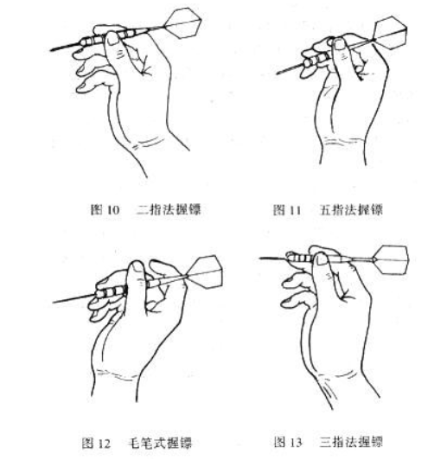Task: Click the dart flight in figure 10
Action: click(x=183, y=23)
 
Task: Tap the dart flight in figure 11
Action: click(x=391, y=31)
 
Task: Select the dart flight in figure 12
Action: click(x=204, y=272)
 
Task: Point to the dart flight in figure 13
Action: click(x=391, y=260)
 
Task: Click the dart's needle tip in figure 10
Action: click(x=50, y=50)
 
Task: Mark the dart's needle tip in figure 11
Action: click(x=277, y=73)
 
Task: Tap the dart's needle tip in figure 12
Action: click(x=53, y=302)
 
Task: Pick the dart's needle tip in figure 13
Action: click(x=260, y=259)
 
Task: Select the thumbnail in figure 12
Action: click(x=137, y=267)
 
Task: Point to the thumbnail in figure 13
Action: click(x=322, y=259)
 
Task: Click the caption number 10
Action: click(x=113, y=210)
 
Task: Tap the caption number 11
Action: click(x=295, y=210)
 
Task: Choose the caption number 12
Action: click(x=104, y=444)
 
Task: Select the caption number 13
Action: click(x=295, y=442)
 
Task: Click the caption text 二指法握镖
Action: click(x=169, y=210)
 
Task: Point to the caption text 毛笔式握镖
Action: click(x=160, y=443)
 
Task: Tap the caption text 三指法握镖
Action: click(x=351, y=442)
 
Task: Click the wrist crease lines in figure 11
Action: click(x=341, y=142)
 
